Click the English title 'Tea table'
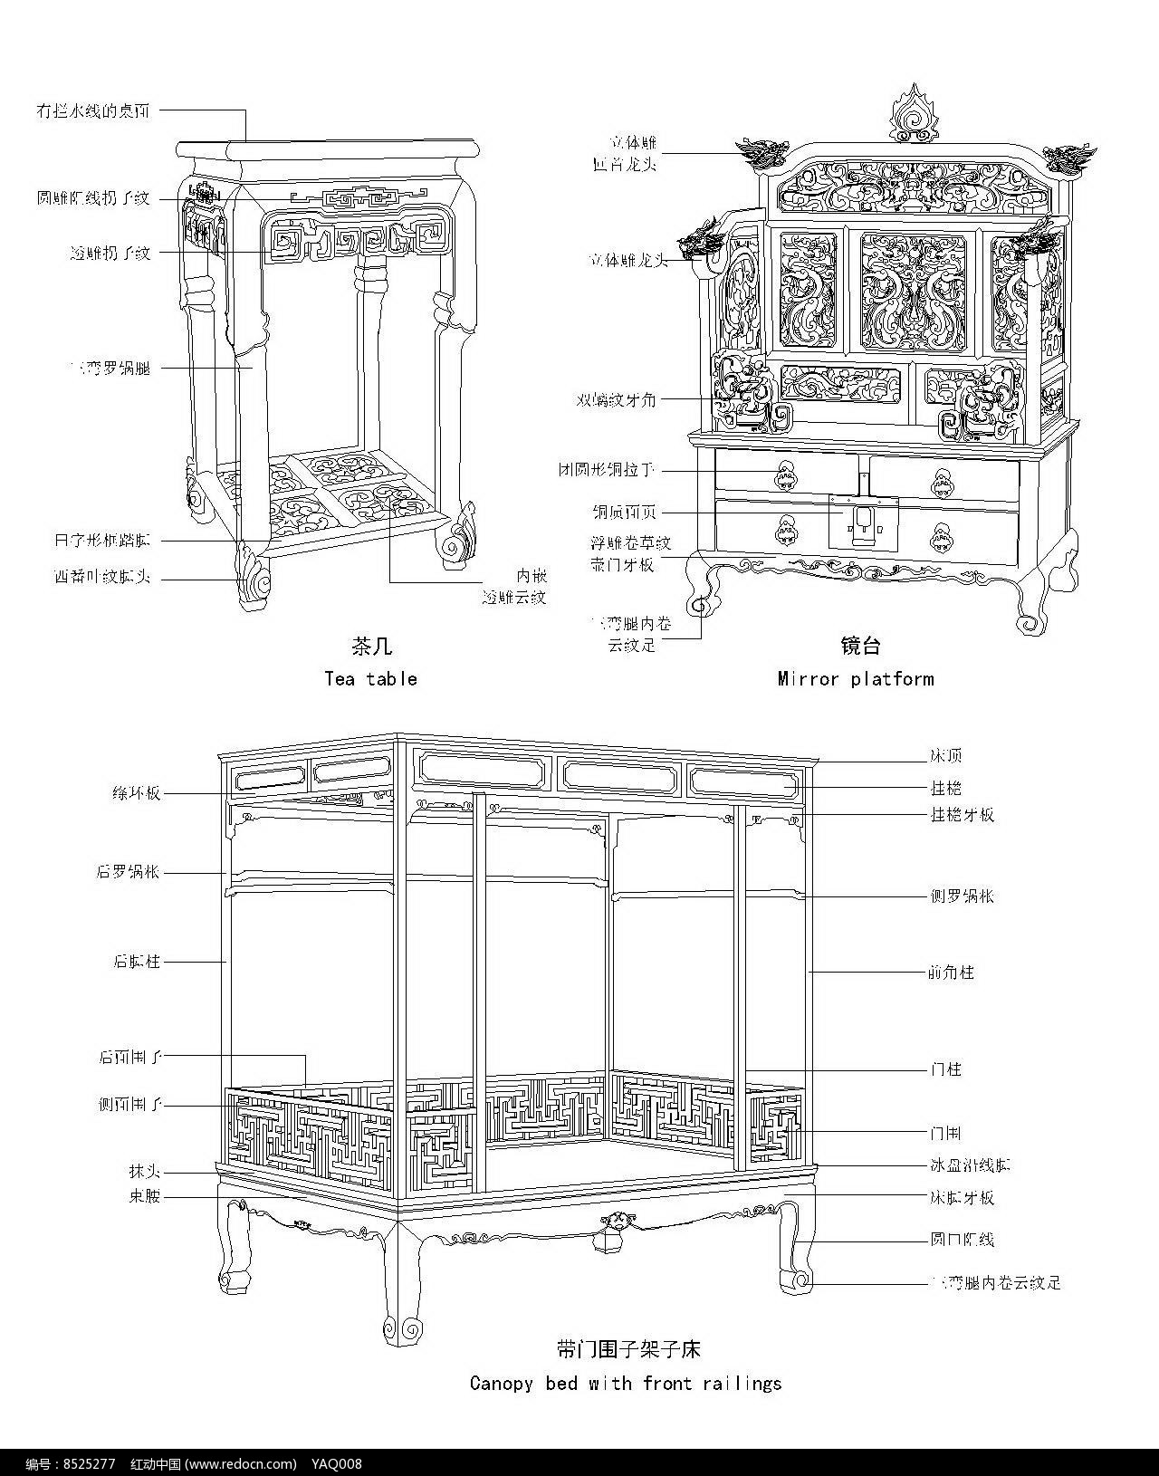(370, 679)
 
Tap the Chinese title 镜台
(859, 646)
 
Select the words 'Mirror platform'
(855, 679)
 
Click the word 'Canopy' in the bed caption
(501, 1383)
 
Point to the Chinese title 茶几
(370, 647)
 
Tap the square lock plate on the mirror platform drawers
(864, 522)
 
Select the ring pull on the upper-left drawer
(785, 474)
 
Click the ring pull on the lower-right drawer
(943, 536)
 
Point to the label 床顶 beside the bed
(945, 755)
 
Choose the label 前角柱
(951, 973)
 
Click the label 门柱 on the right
(945, 1069)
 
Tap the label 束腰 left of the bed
(144, 1196)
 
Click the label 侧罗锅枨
(962, 896)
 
